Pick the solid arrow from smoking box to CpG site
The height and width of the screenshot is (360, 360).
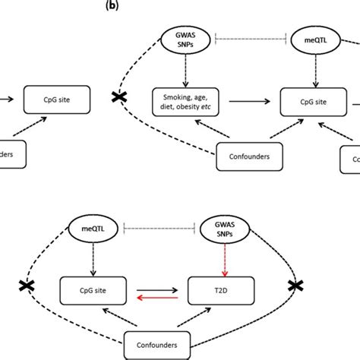[x=245, y=98]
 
